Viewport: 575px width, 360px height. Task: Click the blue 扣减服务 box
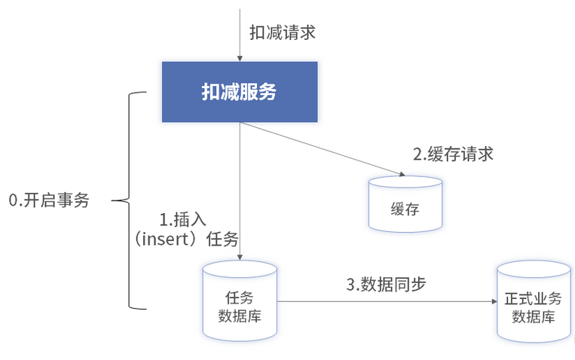(239, 93)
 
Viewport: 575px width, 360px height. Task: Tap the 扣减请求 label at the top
(282, 32)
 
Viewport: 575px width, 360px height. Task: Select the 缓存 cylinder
(405, 204)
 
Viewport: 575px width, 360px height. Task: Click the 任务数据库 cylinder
(240, 301)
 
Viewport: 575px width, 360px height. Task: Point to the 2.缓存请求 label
(452, 154)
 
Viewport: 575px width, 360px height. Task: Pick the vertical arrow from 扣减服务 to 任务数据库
(240, 188)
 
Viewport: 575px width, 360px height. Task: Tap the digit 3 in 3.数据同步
(350, 285)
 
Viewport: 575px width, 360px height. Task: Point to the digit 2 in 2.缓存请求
(417, 154)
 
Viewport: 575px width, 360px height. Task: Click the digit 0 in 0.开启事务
(13, 201)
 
